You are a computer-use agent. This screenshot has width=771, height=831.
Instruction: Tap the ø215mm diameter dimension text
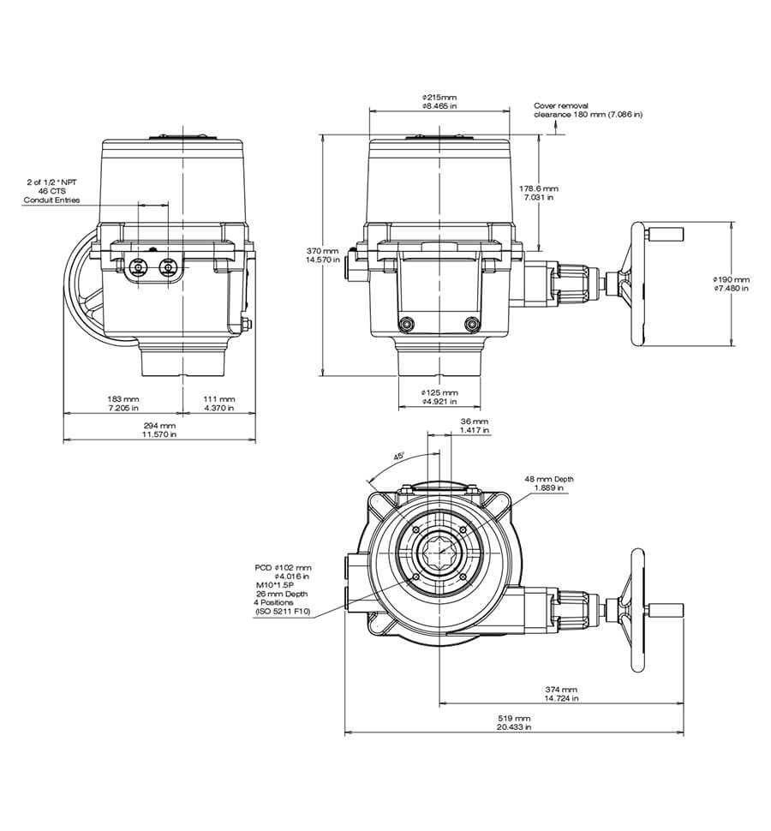pos(439,102)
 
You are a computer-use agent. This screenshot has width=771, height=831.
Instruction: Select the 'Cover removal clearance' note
pos(588,110)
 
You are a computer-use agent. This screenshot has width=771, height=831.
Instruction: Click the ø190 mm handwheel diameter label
pos(730,284)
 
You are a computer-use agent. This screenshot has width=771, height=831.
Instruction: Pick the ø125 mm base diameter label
pos(439,397)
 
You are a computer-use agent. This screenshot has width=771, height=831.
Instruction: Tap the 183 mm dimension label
pos(123,404)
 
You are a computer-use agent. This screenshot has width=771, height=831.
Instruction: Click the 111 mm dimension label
pos(219,404)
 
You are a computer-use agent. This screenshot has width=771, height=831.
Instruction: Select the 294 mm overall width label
pos(159,430)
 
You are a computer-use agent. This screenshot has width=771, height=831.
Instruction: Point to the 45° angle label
pos(398,457)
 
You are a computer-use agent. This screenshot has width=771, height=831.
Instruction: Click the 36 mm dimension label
pos(474,426)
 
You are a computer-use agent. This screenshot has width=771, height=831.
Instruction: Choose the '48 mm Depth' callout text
pos(550,483)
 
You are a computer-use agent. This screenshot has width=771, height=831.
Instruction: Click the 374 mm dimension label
pos(561,694)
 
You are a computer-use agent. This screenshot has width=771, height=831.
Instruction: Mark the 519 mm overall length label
pos(514,722)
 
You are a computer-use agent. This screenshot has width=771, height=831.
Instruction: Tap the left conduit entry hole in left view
pos(135,269)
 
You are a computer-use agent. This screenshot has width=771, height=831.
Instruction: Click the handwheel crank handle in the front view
pos(665,233)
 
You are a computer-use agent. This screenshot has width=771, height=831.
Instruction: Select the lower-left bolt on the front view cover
pos(407,324)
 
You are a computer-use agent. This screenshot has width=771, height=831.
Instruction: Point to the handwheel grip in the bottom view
pos(665,610)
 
